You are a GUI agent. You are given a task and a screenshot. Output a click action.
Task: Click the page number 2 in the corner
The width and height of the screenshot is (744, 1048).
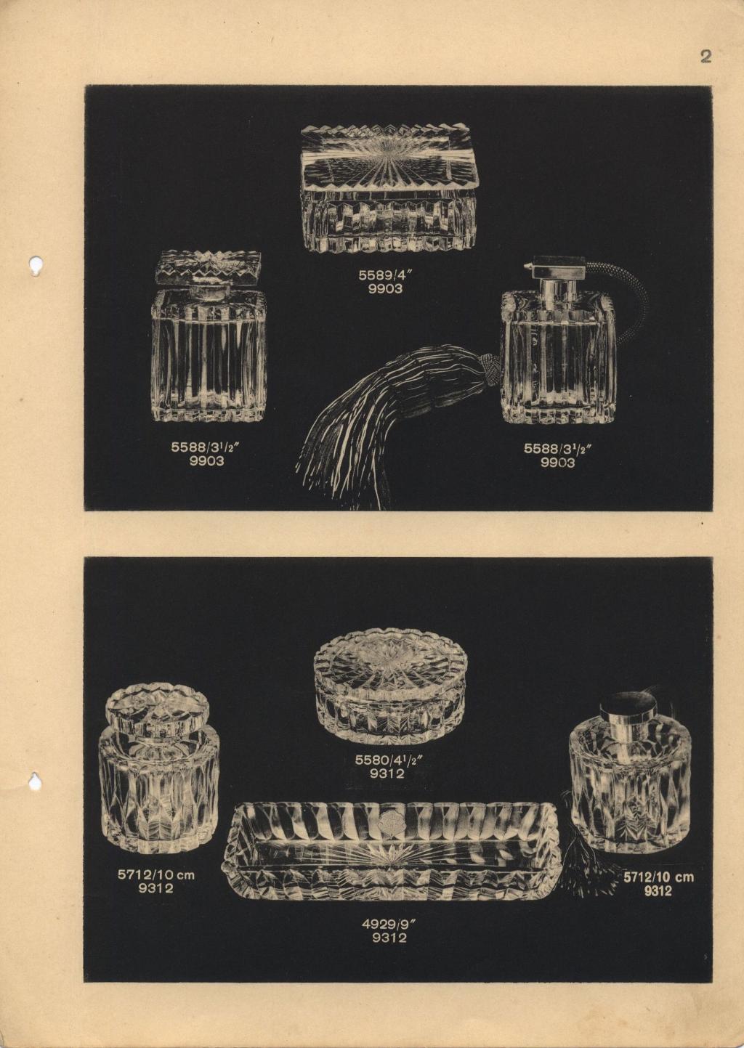tap(705, 57)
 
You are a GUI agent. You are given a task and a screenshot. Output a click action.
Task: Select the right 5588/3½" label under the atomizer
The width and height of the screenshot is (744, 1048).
tap(558, 449)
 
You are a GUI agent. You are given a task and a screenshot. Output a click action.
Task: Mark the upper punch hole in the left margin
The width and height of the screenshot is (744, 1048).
tap(35, 265)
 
